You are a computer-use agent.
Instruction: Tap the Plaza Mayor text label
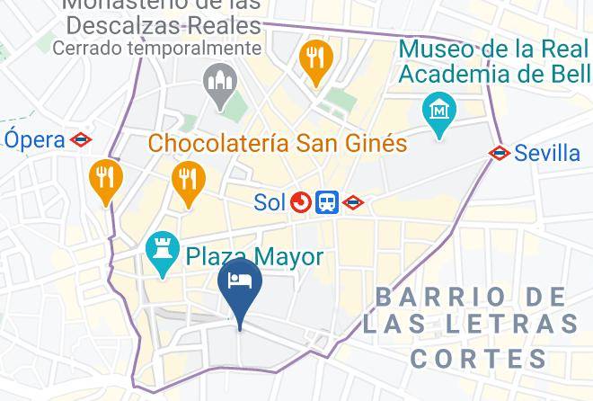click(254, 257)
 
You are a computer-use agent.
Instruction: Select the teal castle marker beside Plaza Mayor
click(163, 256)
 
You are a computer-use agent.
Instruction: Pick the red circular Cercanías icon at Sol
click(300, 203)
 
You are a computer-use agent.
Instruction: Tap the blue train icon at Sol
click(326, 203)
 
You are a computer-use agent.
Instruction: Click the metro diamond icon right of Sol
click(353, 203)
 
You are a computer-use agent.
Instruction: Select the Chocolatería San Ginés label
click(277, 143)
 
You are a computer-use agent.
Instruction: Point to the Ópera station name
click(35, 139)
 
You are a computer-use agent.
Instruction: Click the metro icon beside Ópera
click(81, 139)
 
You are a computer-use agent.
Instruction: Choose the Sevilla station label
click(547, 153)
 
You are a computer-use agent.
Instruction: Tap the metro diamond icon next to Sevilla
click(500, 153)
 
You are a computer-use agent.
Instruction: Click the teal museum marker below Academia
click(439, 113)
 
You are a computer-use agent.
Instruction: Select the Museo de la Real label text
click(494, 49)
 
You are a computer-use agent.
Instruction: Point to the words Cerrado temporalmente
click(156, 48)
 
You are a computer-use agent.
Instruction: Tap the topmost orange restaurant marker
click(315, 58)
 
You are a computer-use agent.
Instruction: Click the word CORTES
click(479, 359)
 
